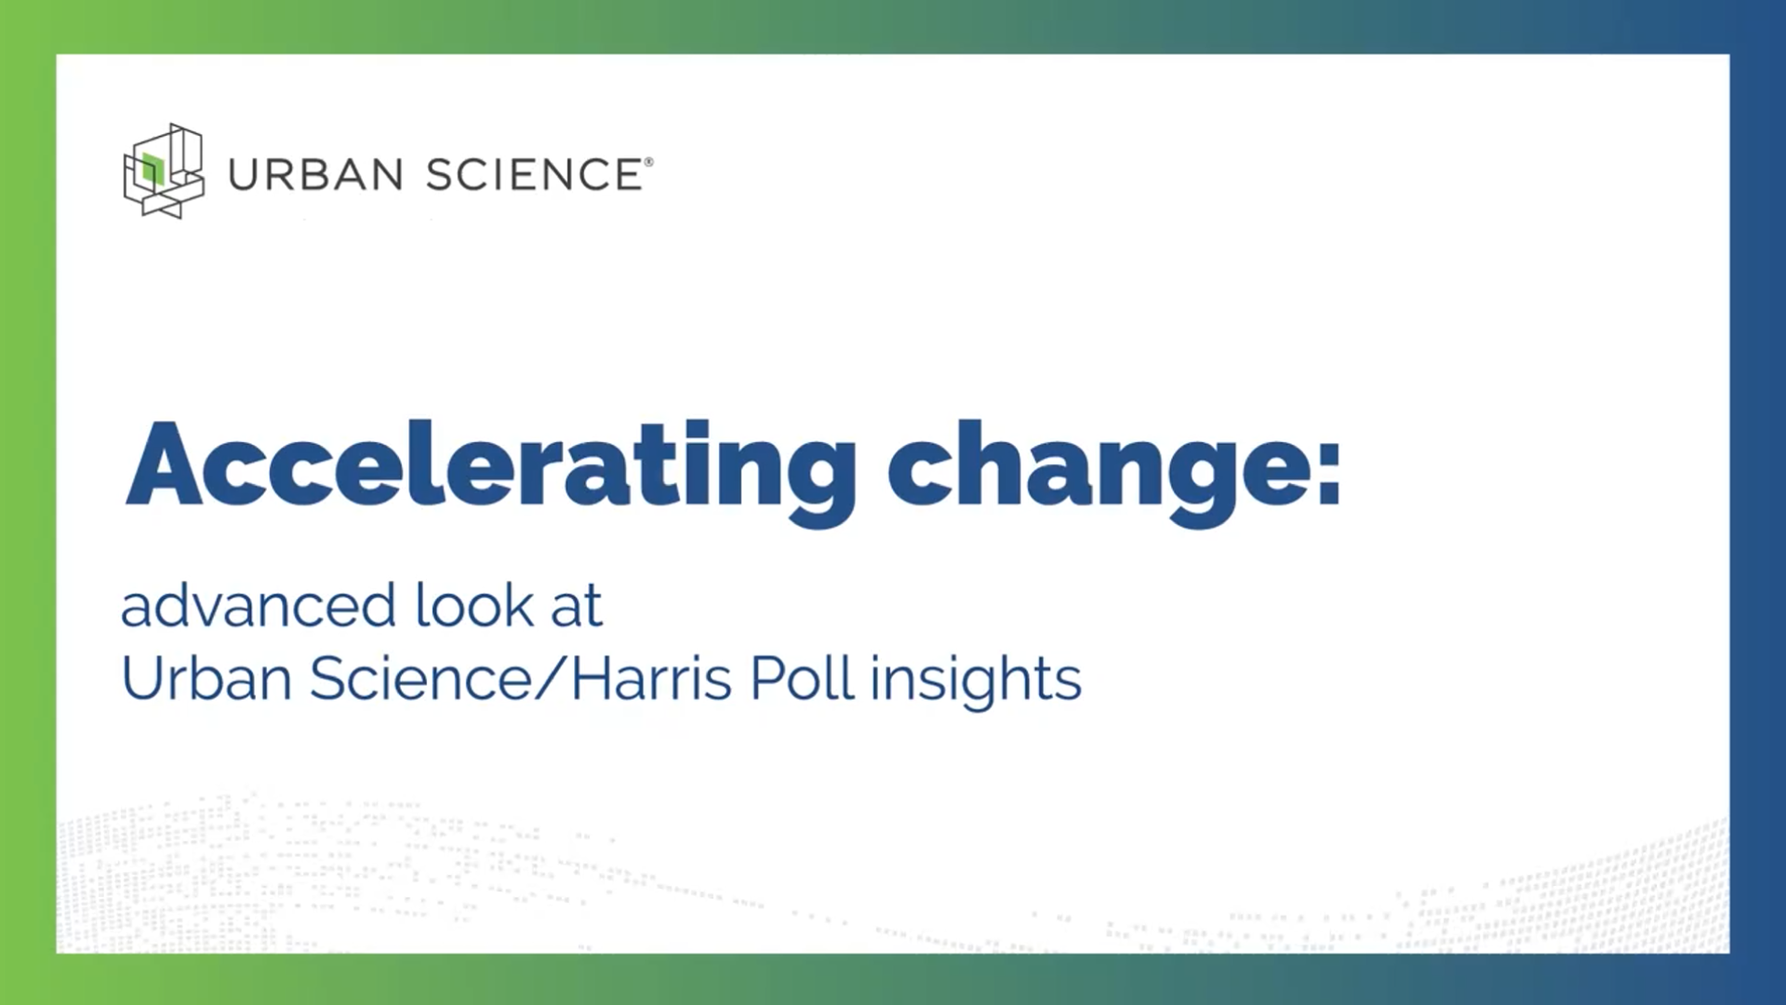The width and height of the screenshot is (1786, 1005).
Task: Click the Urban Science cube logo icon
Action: (164, 171)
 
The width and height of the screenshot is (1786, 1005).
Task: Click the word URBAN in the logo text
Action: (315, 175)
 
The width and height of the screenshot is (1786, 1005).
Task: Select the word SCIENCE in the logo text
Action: (534, 175)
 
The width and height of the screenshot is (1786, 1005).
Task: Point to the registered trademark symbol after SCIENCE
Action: (648, 162)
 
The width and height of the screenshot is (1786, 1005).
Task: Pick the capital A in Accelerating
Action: (164, 464)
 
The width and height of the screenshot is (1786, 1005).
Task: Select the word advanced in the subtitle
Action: (259, 605)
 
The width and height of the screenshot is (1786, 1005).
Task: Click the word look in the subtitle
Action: (474, 605)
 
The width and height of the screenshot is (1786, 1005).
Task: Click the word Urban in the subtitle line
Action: (207, 677)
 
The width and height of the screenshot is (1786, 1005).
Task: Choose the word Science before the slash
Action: (421, 677)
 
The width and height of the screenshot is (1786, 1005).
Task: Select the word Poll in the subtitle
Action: (802, 677)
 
